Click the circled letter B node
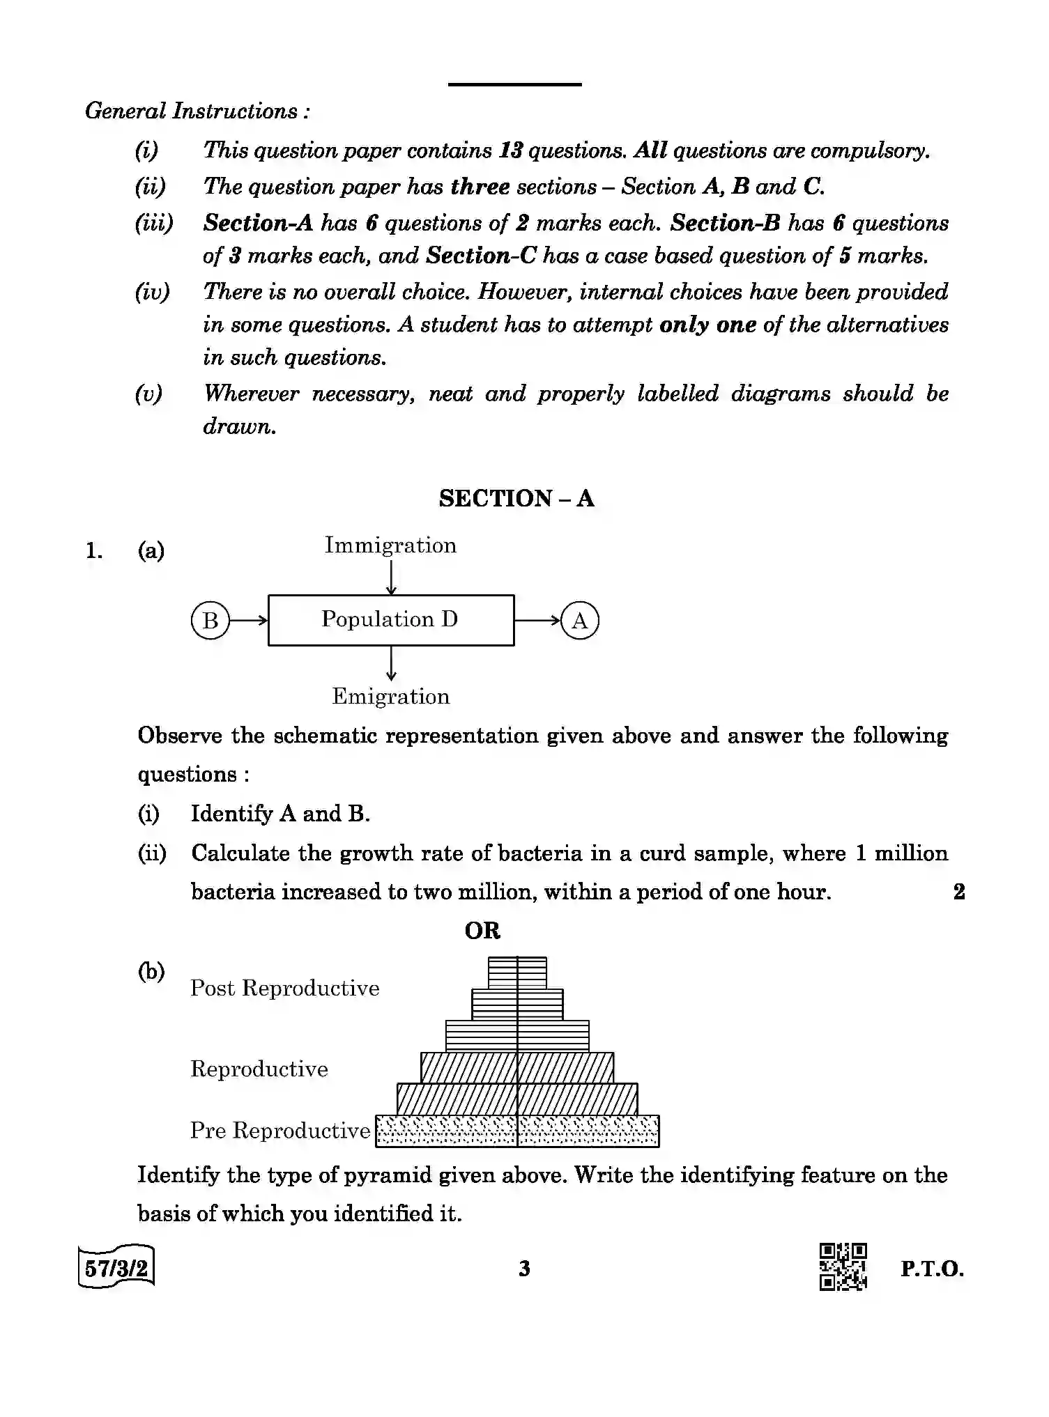[x=210, y=620]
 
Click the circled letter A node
[x=580, y=620]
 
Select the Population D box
[x=391, y=620]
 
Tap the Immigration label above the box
[x=390, y=545]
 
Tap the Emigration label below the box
[x=391, y=697]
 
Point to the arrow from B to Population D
[x=248, y=620]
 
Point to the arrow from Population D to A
[x=537, y=620]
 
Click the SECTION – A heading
[x=516, y=499]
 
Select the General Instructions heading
[x=197, y=111]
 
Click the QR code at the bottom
[x=843, y=1267]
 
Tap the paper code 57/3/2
[x=116, y=1267]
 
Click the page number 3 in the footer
[x=525, y=1269]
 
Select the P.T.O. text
[x=932, y=1269]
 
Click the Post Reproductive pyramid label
[x=285, y=989]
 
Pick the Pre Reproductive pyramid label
[x=280, y=1131]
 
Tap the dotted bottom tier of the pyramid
[x=517, y=1131]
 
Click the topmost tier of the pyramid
[x=517, y=973]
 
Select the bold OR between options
[x=482, y=931]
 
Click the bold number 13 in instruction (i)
[x=512, y=151]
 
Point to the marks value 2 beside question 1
[x=959, y=892]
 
